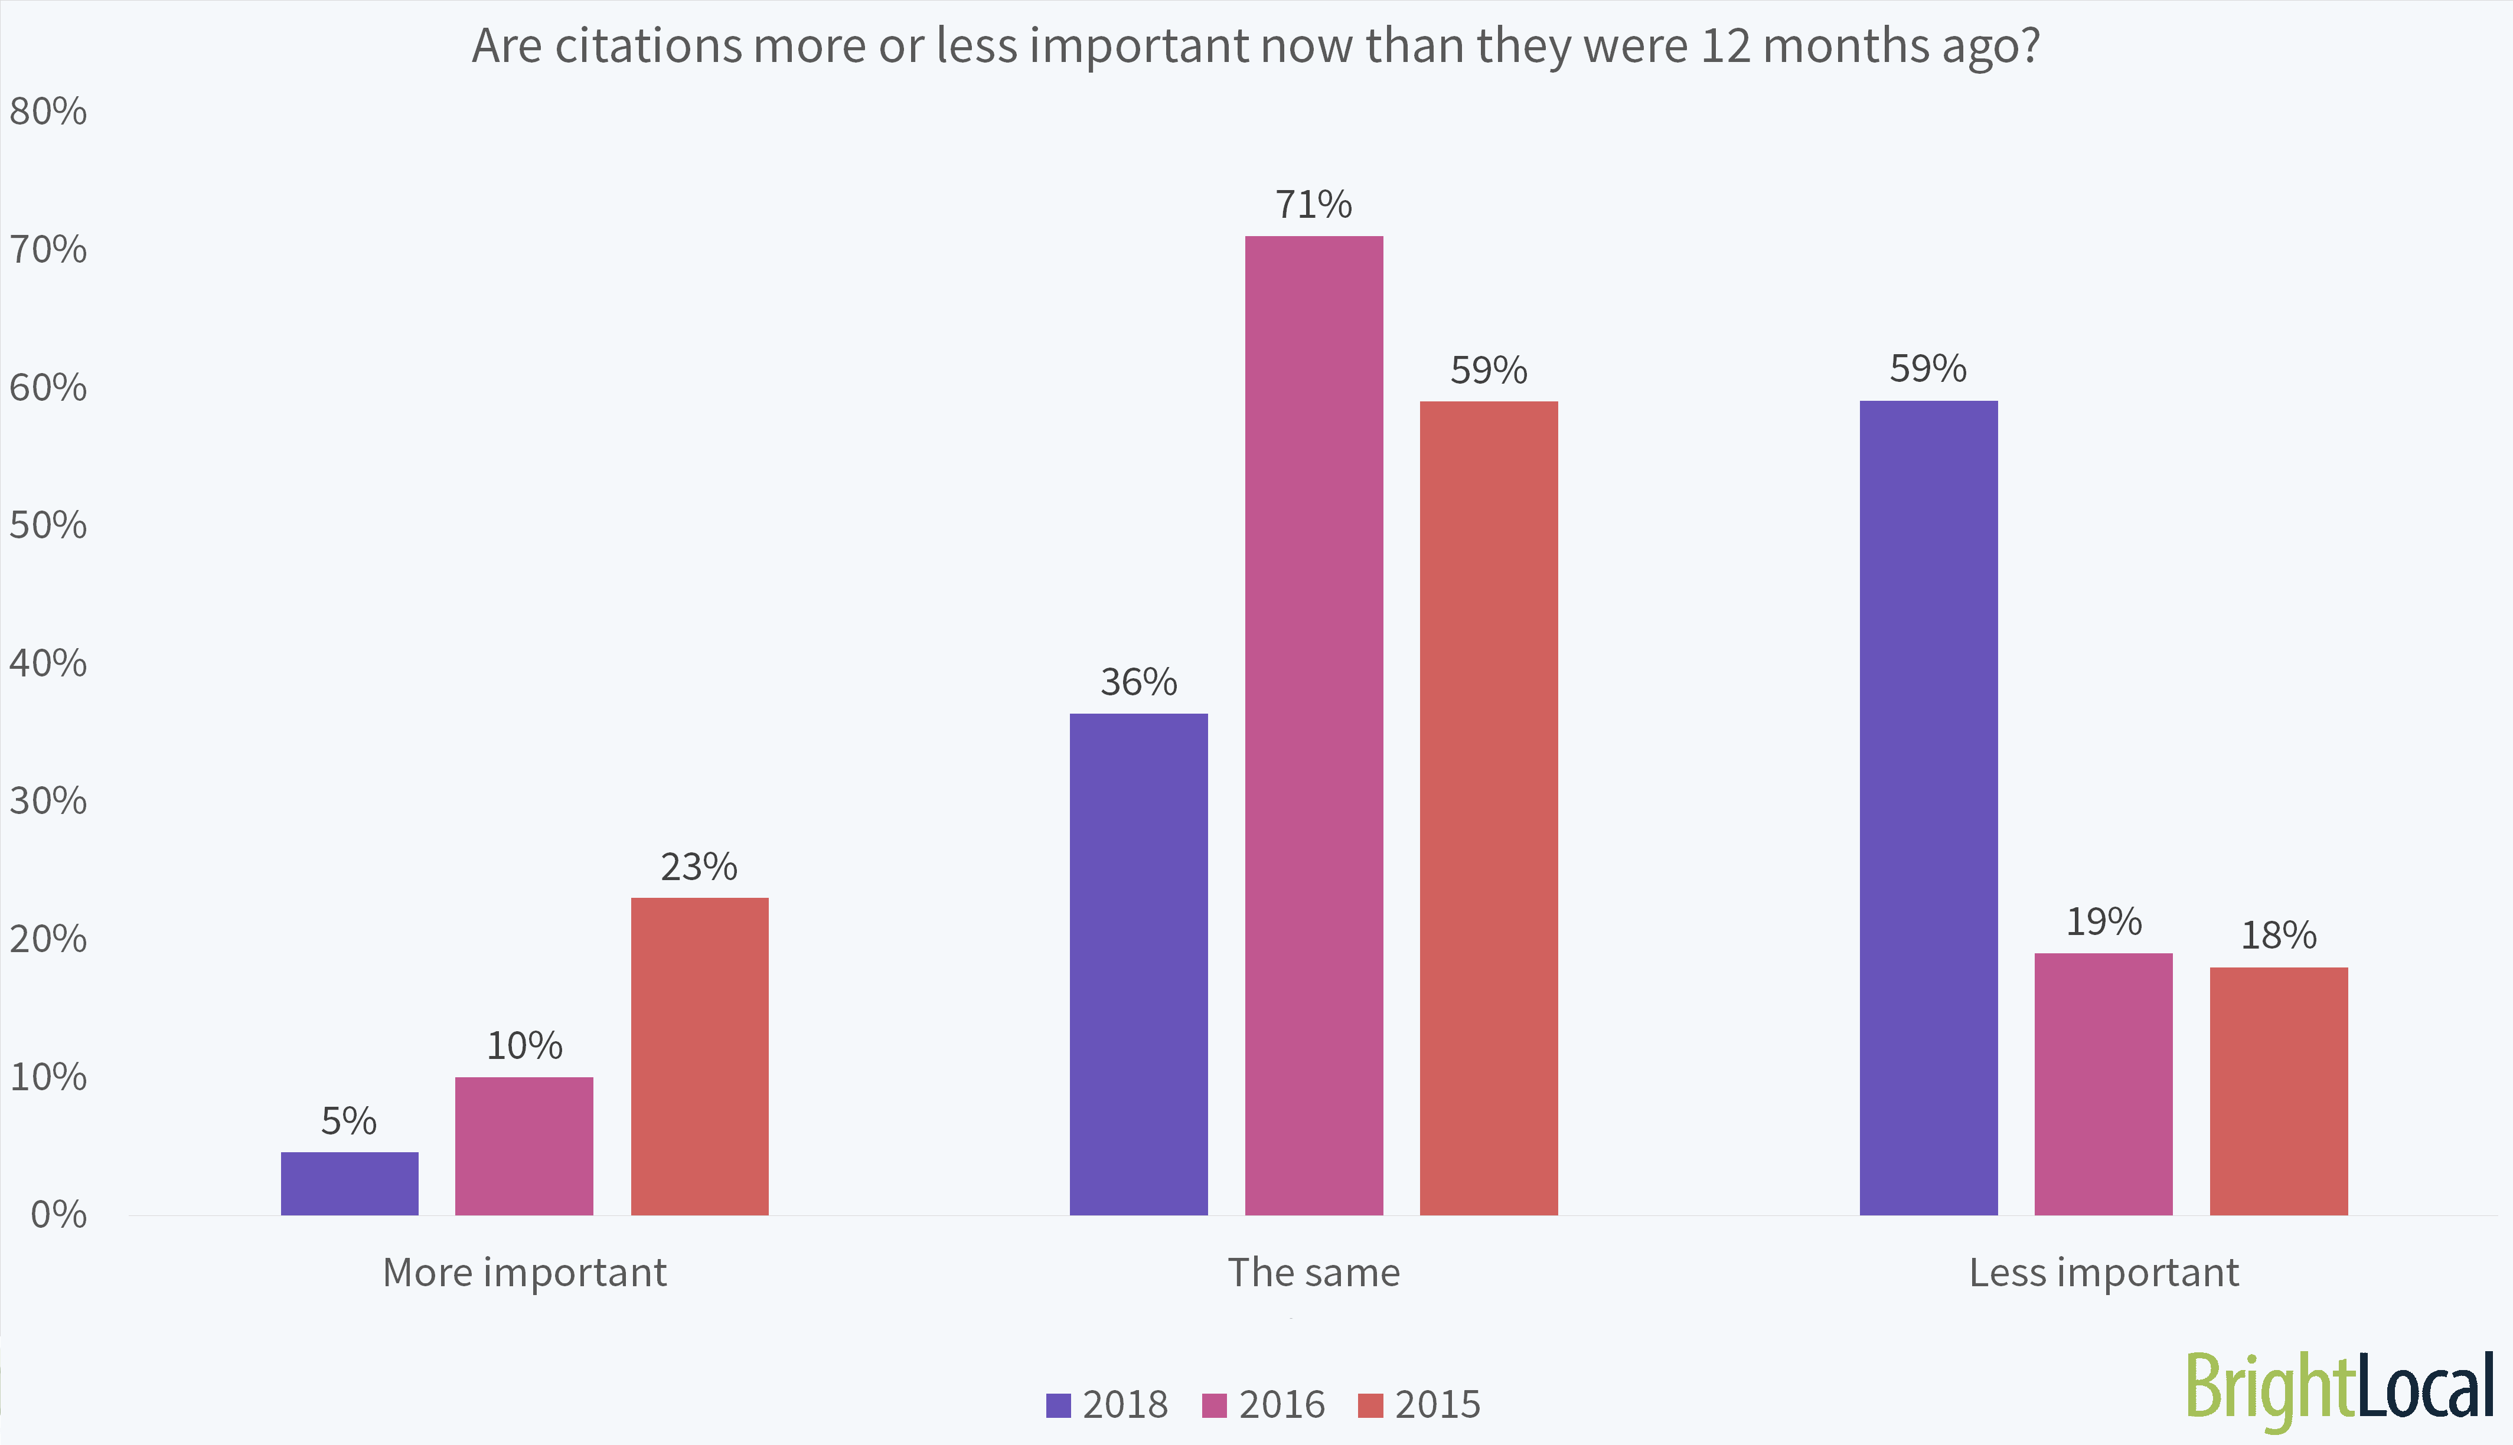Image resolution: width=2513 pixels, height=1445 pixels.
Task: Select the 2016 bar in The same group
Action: pos(1313,724)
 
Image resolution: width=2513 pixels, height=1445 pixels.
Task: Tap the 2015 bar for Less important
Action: pos(2278,1091)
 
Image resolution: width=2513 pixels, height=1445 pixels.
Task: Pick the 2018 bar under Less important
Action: pos(1927,808)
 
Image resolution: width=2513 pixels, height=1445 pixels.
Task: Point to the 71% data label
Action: pos(1313,204)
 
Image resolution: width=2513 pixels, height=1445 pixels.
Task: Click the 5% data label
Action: pos(348,1122)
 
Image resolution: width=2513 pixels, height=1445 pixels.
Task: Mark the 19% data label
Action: pos(2103,922)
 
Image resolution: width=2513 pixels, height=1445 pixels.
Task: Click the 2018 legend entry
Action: pos(1108,1404)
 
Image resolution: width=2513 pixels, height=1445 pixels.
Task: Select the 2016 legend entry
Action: pos(1264,1404)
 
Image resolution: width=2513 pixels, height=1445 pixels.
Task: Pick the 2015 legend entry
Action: pos(1419,1404)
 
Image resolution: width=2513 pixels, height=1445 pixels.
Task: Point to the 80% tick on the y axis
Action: pos(48,111)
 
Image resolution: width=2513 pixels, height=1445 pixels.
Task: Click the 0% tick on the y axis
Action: pos(57,1215)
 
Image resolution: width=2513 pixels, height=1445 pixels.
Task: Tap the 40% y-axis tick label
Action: pos(48,663)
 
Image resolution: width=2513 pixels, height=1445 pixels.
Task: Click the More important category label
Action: pos(524,1272)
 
